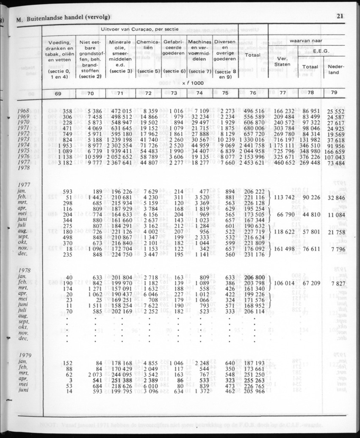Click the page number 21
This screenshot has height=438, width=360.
click(x=339, y=17)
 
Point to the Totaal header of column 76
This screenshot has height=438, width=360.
click(x=252, y=55)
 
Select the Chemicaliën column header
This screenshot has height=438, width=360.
click(x=147, y=45)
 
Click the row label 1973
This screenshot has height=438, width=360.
click(x=24, y=139)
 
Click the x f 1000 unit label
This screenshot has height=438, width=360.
click(x=193, y=83)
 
